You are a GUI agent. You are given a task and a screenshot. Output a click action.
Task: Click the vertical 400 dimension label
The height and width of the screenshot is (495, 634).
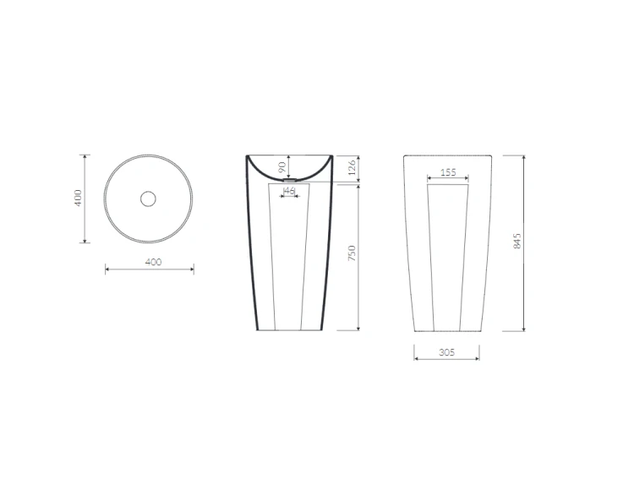(78, 198)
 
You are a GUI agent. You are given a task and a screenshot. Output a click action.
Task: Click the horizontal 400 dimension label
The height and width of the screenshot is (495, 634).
(153, 262)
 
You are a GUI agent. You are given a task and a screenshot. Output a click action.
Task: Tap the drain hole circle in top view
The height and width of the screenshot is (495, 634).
(148, 199)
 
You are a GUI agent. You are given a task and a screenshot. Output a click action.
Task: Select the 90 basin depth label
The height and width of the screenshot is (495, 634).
(282, 166)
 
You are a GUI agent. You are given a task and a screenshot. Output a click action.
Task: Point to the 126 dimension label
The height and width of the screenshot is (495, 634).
(352, 167)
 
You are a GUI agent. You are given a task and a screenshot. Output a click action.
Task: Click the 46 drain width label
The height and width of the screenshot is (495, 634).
(290, 190)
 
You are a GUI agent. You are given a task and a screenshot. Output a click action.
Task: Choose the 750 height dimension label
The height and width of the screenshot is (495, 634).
(352, 253)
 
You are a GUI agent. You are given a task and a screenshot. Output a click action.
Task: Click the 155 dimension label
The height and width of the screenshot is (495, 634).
(448, 172)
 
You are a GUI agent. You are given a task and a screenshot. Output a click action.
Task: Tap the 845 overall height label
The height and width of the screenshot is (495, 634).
(517, 241)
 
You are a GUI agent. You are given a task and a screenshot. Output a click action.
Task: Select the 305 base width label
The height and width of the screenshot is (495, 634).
(447, 352)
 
